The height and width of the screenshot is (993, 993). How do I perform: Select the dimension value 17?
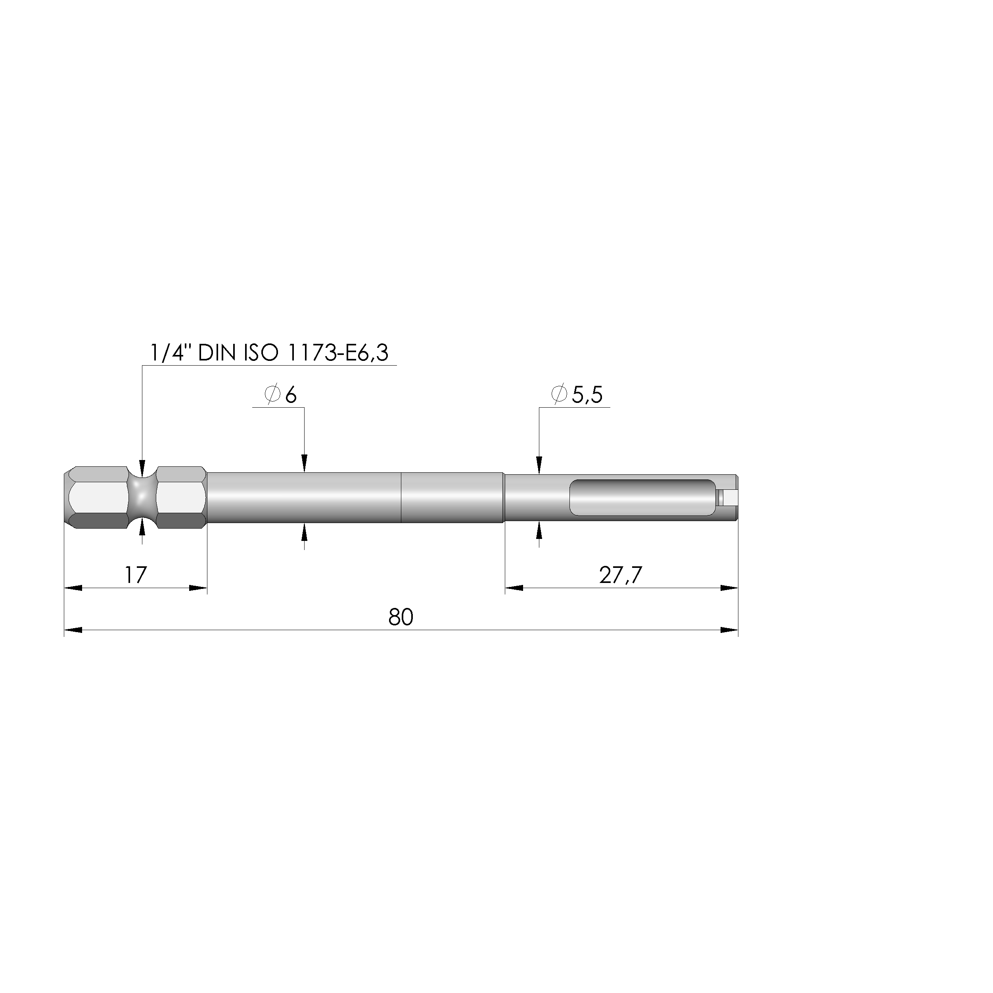[136, 575]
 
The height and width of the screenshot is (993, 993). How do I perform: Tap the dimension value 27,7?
[620, 575]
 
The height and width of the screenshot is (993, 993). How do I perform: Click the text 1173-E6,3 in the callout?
[338, 353]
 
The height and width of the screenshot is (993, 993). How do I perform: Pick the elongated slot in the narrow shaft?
[642, 498]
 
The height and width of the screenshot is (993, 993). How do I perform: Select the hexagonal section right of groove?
[180, 498]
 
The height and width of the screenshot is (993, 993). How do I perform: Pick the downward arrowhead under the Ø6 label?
[304, 464]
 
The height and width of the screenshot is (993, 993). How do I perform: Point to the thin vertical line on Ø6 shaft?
[401, 498]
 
